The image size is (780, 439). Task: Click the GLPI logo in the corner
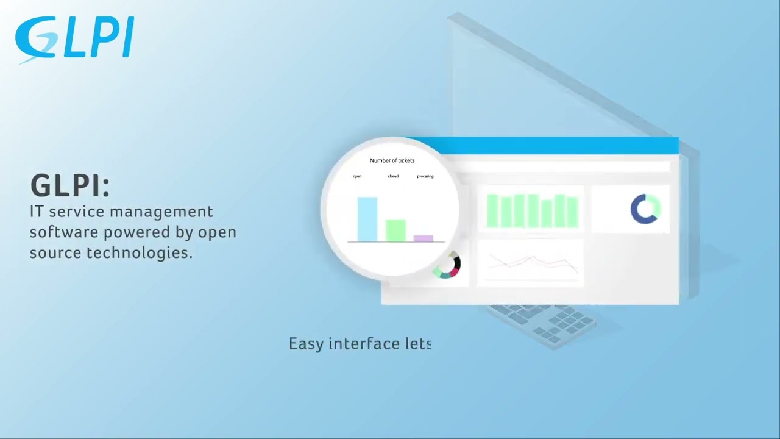74,39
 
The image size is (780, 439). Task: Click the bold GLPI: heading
70,186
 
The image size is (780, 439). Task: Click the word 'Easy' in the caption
305,344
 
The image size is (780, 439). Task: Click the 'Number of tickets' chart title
392,160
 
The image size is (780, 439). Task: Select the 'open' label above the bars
357,176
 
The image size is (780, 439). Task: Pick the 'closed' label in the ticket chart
393,176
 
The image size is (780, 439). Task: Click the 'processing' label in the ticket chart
425,176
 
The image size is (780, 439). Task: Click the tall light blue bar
367,219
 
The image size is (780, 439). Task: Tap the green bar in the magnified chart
395,230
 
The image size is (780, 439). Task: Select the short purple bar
423,238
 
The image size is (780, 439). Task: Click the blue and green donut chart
645,209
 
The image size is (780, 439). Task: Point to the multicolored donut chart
448,265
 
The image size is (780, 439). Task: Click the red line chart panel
530,263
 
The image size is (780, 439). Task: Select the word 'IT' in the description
36,212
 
